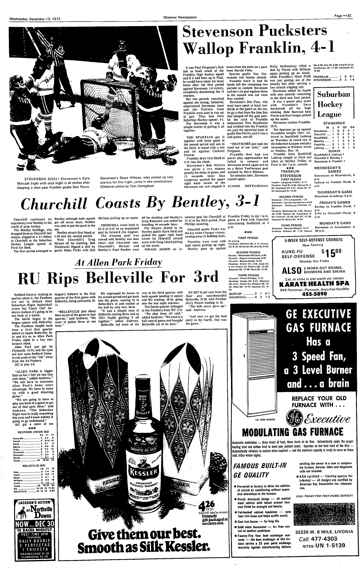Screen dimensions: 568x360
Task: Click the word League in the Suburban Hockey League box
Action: coord(329,115)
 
